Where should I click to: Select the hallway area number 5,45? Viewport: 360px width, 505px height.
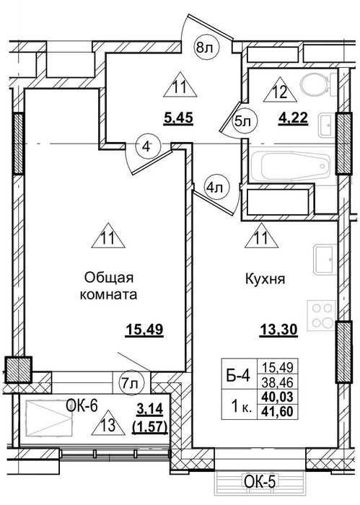pyautogui.click(x=178, y=118)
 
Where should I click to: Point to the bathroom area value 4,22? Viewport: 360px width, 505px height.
pyautogui.click(x=293, y=118)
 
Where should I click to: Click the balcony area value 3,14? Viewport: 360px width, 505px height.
pyautogui.click(x=151, y=410)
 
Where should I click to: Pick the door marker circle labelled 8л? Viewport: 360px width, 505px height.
pyautogui.click(x=207, y=48)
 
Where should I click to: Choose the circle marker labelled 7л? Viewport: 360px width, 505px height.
pyautogui.click(x=132, y=383)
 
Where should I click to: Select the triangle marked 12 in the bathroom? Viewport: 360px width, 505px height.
pyautogui.click(x=280, y=90)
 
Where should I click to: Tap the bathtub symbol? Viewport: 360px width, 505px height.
pyautogui.click(x=294, y=167)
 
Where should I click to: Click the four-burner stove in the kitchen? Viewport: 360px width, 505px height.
pyautogui.click(x=322, y=315)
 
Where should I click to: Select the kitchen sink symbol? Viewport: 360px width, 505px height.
pyautogui.click(x=325, y=259)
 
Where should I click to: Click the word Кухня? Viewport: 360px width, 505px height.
pyautogui.click(x=265, y=278)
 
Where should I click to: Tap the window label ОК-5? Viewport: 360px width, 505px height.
pyautogui.click(x=260, y=482)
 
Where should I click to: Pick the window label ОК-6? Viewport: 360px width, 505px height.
pyautogui.click(x=82, y=406)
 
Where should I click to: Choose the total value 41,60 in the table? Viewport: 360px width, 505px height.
pyautogui.click(x=278, y=411)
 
